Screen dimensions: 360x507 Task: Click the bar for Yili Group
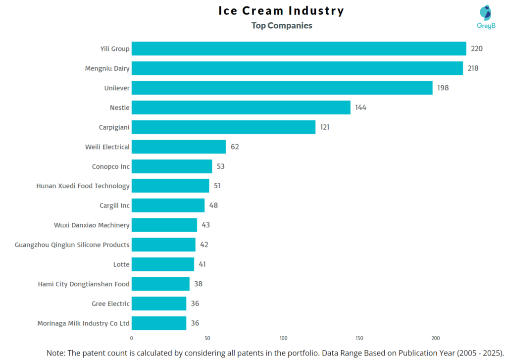(299, 49)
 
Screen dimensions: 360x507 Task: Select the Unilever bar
(282, 88)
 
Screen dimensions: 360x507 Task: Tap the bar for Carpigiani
(223, 127)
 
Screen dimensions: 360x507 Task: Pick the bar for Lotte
(163, 264)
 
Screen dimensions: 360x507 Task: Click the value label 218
(473, 68)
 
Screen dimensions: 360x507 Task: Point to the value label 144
(360, 107)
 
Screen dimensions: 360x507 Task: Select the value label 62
(235, 147)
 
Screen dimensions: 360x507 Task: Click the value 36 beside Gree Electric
(195, 304)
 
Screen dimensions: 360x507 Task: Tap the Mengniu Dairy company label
(107, 68)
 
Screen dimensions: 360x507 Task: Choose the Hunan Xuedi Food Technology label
(83, 186)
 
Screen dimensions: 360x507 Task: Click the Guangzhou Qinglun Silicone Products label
(72, 245)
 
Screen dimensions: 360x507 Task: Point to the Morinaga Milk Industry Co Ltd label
(83, 323)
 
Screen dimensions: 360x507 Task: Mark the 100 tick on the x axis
(283, 338)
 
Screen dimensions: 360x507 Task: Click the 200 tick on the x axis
(435, 338)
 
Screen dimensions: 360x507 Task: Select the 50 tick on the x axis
(207, 338)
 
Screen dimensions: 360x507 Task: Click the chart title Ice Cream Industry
(281, 11)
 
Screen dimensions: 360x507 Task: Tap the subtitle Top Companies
(282, 25)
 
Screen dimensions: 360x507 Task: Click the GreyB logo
(487, 17)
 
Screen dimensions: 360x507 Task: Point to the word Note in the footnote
(56, 353)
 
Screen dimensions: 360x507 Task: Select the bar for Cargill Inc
(168, 206)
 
